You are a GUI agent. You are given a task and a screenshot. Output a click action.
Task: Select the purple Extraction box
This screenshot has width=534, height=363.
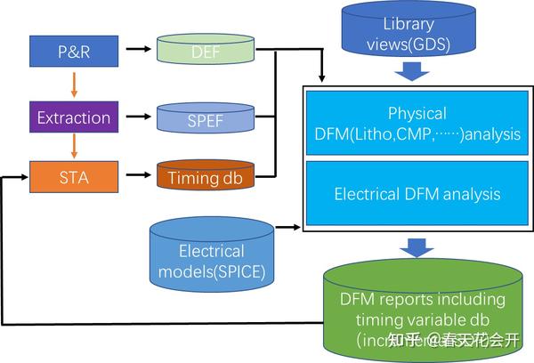[x=74, y=117]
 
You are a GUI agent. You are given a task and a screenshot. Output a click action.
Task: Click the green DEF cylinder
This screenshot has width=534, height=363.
[x=204, y=52]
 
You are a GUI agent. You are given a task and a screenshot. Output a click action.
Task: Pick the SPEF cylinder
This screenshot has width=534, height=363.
[x=204, y=118]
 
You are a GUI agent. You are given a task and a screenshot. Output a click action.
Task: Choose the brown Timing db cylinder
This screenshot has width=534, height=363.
[x=204, y=176]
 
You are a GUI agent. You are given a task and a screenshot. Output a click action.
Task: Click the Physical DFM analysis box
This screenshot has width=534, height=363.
[x=417, y=125]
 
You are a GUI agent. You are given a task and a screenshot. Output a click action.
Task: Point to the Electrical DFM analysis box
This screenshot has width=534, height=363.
[x=417, y=193]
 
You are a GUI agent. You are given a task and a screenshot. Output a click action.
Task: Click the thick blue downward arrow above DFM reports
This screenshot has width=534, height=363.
[x=416, y=247]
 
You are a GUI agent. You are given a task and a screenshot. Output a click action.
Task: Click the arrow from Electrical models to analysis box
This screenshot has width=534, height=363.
[x=288, y=228]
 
